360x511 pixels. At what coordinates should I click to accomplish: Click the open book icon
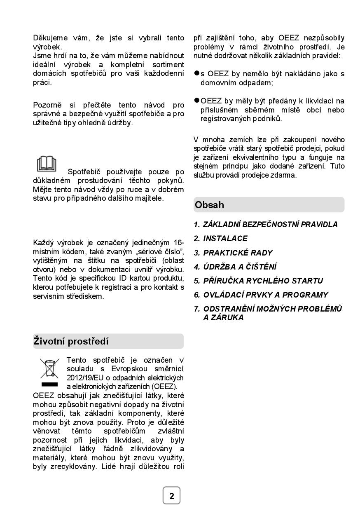pos(47,164)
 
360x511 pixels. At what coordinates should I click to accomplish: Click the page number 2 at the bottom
pos(172,496)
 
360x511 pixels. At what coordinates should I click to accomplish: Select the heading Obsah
pos(210,205)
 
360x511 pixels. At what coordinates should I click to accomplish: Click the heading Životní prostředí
pos(71,341)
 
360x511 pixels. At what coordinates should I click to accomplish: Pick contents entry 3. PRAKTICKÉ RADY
pos(233,253)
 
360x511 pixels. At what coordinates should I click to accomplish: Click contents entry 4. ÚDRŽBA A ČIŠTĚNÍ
pos(235,267)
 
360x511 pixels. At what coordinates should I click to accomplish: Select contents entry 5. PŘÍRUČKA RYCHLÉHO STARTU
pos(258,281)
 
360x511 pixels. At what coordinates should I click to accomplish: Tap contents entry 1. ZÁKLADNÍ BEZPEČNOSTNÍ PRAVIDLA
pos(266,225)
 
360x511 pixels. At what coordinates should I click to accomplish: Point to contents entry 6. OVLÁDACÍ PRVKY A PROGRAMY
pos(261,295)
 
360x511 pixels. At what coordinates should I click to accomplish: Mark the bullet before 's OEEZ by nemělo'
pos(197,73)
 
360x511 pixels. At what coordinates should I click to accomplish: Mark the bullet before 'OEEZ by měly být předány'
pos(197,101)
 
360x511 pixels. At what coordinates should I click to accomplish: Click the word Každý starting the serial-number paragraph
pos(44,242)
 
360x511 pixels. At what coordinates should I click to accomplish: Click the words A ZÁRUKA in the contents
pos(223,318)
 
